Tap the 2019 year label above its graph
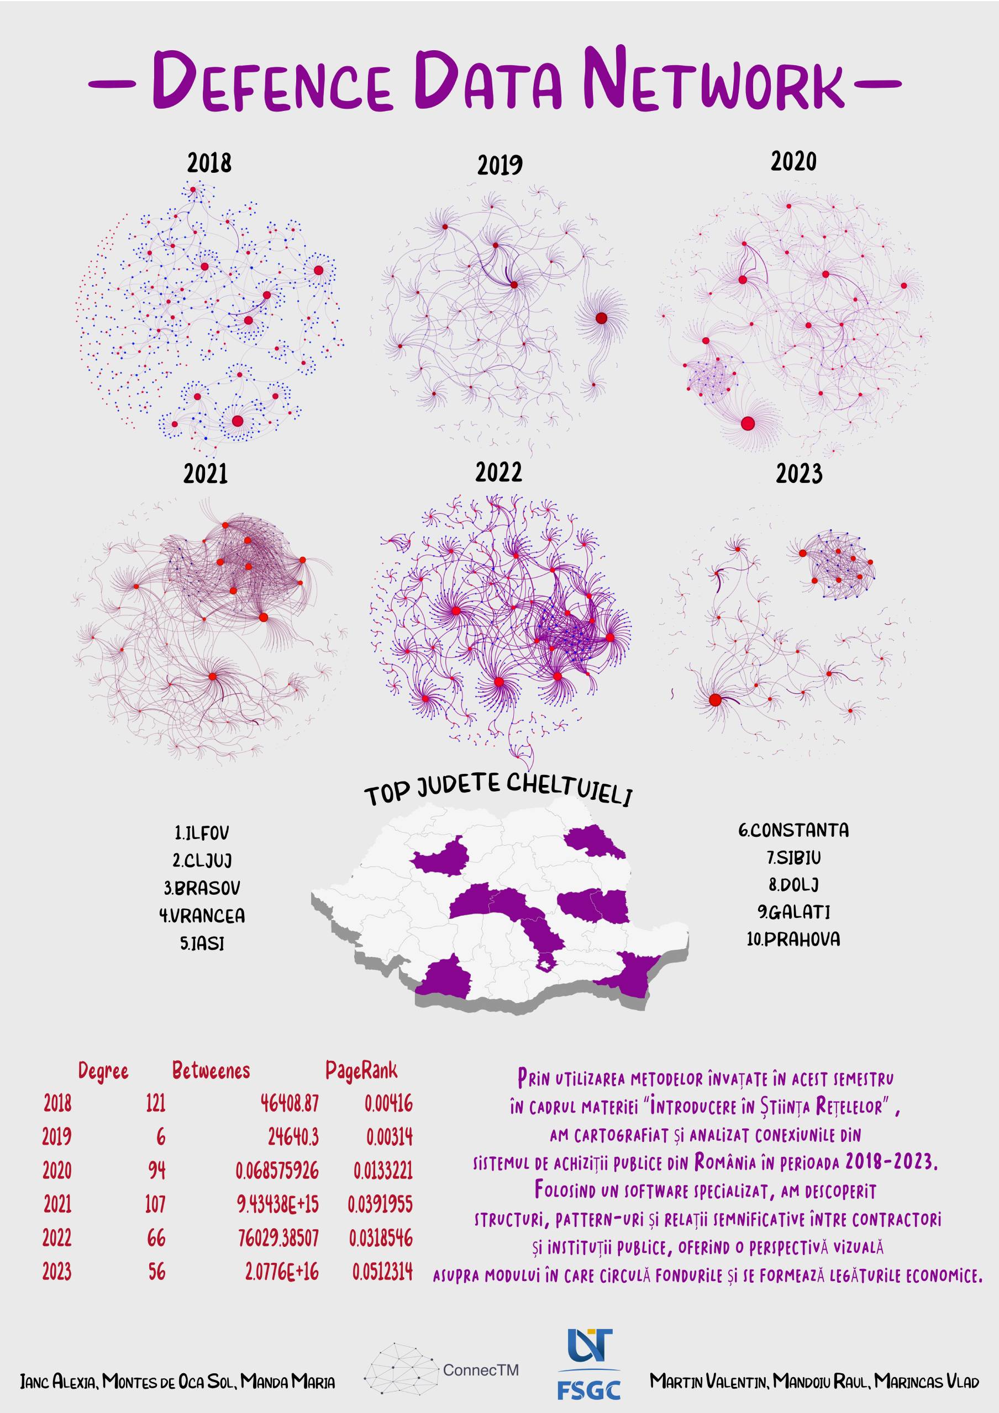(x=499, y=166)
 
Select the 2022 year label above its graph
(x=498, y=472)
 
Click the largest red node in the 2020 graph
(x=748, y=423)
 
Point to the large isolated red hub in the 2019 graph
(x=601, y=317)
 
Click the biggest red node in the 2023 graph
(x=715, y=700)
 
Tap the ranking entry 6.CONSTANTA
(x=793, y=830)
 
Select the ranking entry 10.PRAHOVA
(x=793, y=939)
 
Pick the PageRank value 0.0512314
(x=382, y=1272)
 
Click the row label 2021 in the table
(x=57, y=1204)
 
